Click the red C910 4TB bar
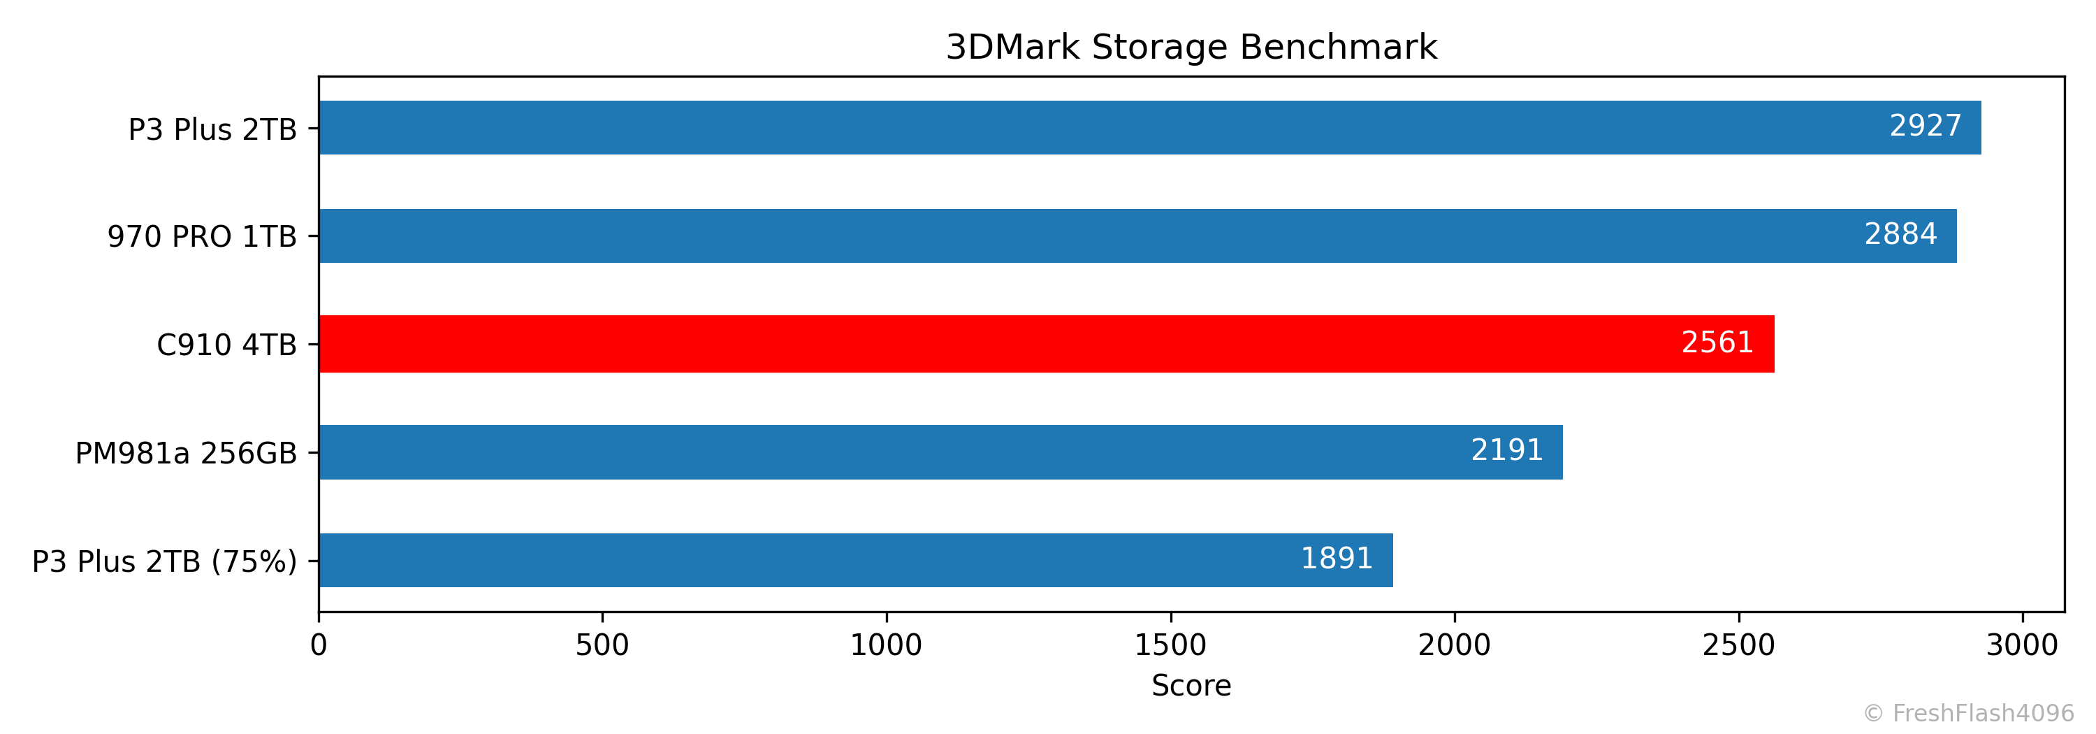1046,344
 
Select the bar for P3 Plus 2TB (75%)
854,561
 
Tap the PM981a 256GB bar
940,452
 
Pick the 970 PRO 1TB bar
1137,236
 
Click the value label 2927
1925,126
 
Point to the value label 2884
1900,234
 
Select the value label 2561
1717,343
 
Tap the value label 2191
1507,451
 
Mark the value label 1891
1337,559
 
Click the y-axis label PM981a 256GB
187,453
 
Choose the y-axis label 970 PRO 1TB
202,237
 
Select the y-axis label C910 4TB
226,345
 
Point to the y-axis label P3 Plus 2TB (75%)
164,561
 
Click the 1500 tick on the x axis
1170,646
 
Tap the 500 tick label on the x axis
602,646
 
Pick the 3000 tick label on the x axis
2022,646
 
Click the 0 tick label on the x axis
319,646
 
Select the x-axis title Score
1191,686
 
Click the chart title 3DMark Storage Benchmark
1191,48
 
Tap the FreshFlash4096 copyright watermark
1968,714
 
